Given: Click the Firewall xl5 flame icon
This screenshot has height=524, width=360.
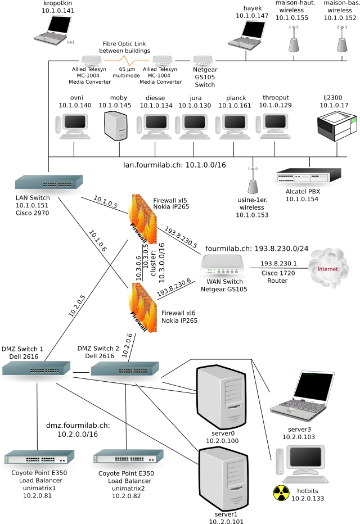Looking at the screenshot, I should tap(139, 218).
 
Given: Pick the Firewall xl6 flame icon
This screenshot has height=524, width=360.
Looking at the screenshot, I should tap(139, 308).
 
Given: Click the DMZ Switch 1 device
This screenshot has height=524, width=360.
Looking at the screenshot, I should tap(37, 368).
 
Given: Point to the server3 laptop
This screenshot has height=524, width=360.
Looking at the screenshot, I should tap(299, 397).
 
